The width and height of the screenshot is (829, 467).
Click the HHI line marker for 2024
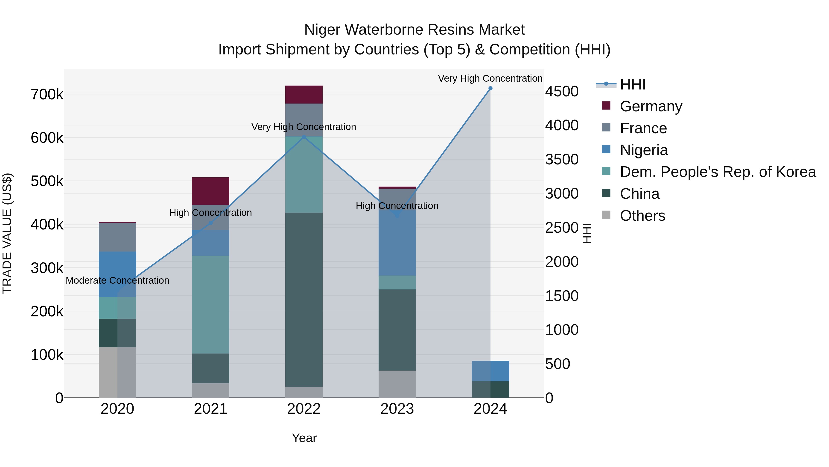pos(490,88)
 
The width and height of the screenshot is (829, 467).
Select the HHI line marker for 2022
pos(304,137)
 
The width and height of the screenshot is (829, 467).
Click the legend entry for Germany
pos(651,106)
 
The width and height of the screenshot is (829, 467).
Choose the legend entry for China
pos(639,194)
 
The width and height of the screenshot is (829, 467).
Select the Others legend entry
pos(642,216)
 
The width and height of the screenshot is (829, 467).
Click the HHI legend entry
pos(632,84)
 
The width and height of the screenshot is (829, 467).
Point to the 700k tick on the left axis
pos(47,95)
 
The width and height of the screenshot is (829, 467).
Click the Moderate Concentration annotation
pos(117,280)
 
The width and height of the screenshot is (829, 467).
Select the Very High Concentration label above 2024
pos(490,78)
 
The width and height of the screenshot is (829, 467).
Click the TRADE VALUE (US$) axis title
pos(7,233)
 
